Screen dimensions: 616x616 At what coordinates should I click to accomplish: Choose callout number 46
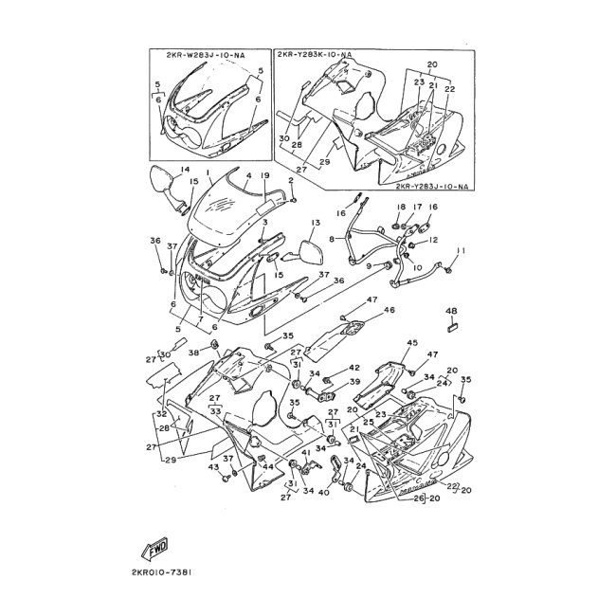pyautogui.click(x=389, y=310)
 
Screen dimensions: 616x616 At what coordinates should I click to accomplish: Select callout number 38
pyautogui.click(x=192, y=352)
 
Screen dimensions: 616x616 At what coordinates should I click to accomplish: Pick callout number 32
pyautogui.click(x=160, y=414)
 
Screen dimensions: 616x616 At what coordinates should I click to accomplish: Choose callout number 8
pyautogui.click(x=332, y=241)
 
